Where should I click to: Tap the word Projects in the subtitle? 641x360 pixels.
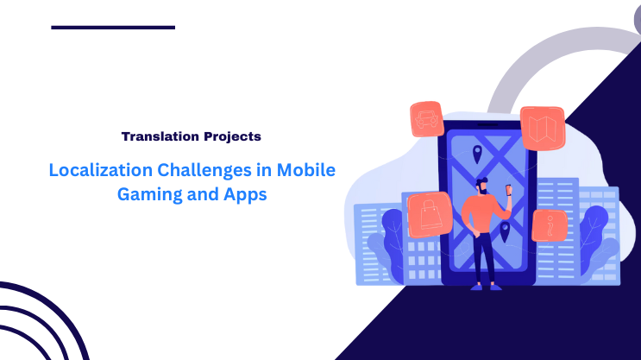click(x=228, y=136)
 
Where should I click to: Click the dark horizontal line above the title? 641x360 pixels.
click(x=113, y=28)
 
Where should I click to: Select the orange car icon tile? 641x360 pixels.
click(x=426, y=119)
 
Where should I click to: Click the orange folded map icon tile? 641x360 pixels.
click(x=542, y=127)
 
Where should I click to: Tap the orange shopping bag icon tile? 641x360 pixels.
click(x=428, y=215)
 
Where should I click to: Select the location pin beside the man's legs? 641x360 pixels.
click(x=505, y=231)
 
